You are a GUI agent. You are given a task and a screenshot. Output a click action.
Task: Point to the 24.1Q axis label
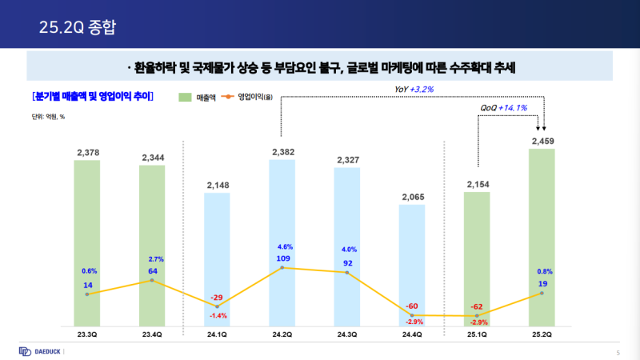[x=217, y=334]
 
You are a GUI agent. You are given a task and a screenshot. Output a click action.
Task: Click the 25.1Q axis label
[x=477, y=334]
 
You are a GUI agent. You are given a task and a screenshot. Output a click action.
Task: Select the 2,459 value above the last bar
[x=542, y=142]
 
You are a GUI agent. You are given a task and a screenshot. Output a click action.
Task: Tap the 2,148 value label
[x=217, y=186]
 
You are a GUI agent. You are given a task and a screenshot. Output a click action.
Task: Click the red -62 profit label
[x=478, y=306]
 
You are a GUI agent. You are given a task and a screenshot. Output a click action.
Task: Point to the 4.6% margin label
[x=282, y=246]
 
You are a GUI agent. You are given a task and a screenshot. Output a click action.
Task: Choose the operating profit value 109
[x=282, y=259]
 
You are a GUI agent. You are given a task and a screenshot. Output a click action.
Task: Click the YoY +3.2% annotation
[x=414, y=89]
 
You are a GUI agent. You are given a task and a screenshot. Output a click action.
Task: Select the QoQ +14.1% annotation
[x=502, y=107]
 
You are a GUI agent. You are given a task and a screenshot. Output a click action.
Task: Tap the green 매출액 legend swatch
[x=184, y=98]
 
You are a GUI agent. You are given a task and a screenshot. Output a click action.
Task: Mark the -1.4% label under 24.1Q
[x=217, y=316]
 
